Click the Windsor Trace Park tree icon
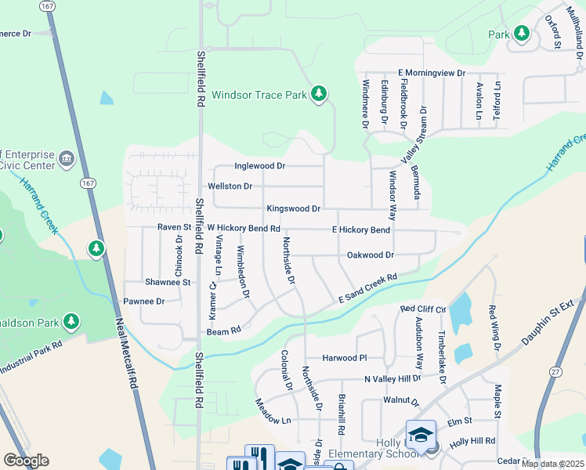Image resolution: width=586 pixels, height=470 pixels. (318, 95)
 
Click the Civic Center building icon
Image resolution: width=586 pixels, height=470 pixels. (66, 160)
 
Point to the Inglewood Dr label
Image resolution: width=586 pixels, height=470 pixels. (260, 166)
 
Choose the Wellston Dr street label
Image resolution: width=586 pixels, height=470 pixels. (230, 186)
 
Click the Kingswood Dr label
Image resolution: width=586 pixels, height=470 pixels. (293, 209)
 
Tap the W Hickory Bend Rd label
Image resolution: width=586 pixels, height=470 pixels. (243, 228)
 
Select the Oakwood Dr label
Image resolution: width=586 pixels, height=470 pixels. (370, 255)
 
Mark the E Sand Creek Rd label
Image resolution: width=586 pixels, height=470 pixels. (367, 289)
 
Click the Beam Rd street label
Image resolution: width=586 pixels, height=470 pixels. (223, 332)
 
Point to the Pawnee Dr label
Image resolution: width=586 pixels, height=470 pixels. (144, 301)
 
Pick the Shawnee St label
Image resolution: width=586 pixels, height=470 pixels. (168, 282)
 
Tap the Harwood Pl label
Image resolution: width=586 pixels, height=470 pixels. (345, 358)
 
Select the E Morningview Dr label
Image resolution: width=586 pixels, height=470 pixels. (431, 73)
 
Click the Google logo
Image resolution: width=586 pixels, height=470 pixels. (26, 460)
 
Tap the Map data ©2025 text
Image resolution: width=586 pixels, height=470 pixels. (553, 464)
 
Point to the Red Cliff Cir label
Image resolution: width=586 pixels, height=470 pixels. (422, 309)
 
